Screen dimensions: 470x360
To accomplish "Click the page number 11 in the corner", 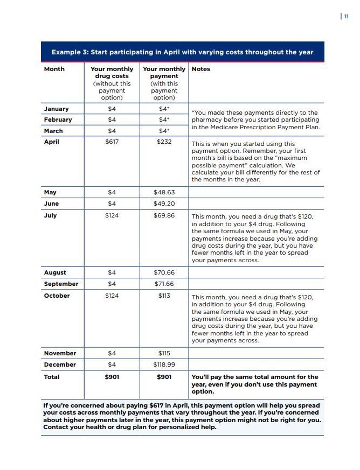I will click(x=345, y=16).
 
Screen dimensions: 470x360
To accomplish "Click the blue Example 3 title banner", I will click(x=182, y=52).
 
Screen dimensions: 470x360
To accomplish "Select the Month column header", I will click(x=54, y=69).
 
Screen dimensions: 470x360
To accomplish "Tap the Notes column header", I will click(x=201, y=69).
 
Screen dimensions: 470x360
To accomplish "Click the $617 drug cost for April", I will click(x=112, y=142).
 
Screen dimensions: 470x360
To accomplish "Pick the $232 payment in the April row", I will click(x=164, y=142).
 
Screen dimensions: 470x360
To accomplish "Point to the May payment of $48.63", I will click(x=164, y=192).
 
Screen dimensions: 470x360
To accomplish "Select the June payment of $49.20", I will click(x=164, y=204).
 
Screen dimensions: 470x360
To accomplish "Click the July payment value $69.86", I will click(x=164, y=215).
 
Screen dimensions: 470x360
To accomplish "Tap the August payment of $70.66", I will click(x=164, y=272).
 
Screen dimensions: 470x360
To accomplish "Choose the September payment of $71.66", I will click(x=164, y=284).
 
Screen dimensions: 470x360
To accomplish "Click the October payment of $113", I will click(x=164, y=296).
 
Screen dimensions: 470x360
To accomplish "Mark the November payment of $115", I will click(x=164, y=353).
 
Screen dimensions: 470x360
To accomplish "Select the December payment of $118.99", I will click(x=164, y=364).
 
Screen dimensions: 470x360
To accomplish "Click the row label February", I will click(x=58, y=120).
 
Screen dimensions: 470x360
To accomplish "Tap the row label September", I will click(x=61, y=284).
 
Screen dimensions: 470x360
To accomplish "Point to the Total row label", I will click(x=52, y=377).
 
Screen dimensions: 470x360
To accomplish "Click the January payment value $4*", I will click(x=164, y=109).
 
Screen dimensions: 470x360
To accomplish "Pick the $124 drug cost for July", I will click(x=112, y=215).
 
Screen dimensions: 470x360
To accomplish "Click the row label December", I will click(x=60, y=364).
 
